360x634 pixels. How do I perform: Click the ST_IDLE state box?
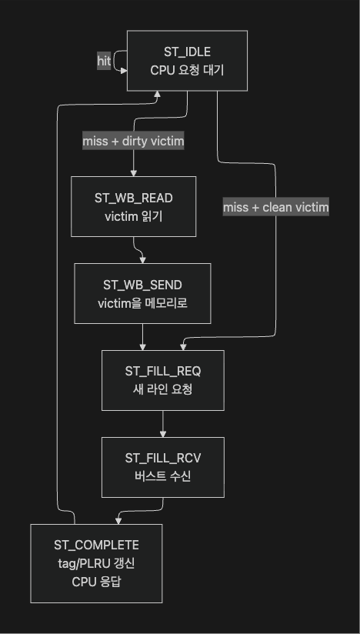(x=187, y=61)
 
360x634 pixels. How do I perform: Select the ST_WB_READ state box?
(x=133, y=206)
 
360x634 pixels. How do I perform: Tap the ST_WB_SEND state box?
(x=142, y=294)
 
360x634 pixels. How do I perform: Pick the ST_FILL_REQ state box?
(x=163, y=381)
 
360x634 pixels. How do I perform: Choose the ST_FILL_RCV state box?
(x=163, y=467)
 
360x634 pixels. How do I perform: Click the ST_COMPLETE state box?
(x=96, y=564)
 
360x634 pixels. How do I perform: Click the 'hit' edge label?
(x=104, y=61)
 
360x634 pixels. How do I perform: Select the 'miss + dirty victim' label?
(x=133, y=141)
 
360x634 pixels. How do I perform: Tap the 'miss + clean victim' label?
(x=276, y=208)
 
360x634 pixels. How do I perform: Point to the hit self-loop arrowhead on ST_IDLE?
(x=124, y=70)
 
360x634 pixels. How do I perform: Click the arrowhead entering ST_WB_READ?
(x=133, y=173)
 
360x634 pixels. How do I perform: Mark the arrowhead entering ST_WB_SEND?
(x=142, y=260)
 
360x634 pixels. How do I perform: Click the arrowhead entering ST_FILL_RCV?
(x=163, y=434)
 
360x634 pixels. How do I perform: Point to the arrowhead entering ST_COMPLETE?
(x=118, y=521)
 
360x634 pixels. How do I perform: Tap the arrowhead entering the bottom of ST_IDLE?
(x=157, y=94)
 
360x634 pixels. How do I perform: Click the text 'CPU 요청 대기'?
(x=187, y=70)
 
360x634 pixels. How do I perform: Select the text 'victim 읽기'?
(x=133, y=217)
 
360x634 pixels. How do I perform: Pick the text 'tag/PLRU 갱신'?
(x=96, y=564)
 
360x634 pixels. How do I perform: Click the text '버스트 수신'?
(x=163, y=477)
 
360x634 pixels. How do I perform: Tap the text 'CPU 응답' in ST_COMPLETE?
(x=96, y=582)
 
